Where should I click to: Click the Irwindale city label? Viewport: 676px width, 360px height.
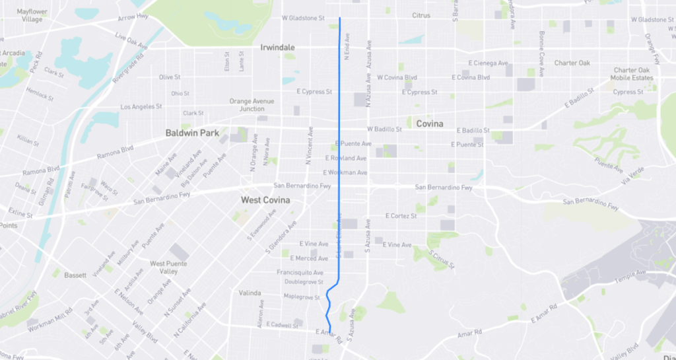[277, 48]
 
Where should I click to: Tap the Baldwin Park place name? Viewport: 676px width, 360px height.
[191, 133]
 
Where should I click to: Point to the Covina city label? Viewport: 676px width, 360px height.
[429, 124]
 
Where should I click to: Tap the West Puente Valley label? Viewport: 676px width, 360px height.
[164, 268]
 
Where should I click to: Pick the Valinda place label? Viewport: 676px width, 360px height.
[251, 292]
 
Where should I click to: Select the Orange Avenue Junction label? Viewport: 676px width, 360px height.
[252, 105]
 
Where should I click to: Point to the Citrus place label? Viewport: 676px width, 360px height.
[421, 15]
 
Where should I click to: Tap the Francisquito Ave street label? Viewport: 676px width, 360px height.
[300, 272]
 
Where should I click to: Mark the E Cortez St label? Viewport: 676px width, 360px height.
[401, 216]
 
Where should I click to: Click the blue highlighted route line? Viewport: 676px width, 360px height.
[339, 165]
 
